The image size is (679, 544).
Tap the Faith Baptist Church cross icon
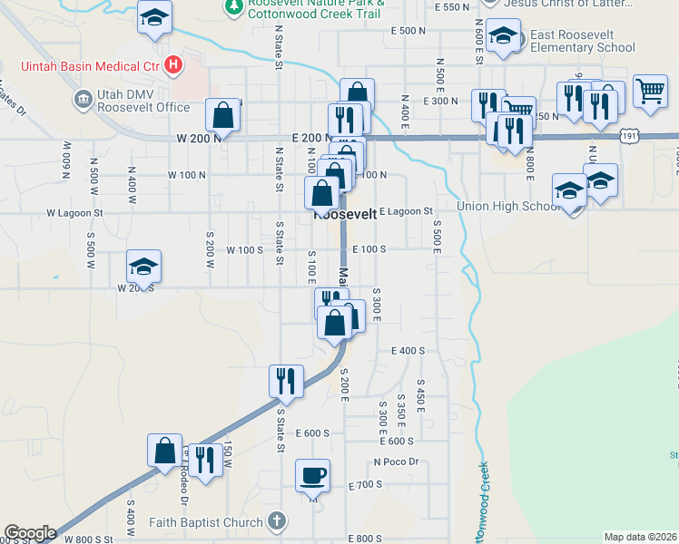pyautogui.click(x=278, y=521)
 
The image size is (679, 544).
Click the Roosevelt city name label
pyautogui.click(x=345, y=216)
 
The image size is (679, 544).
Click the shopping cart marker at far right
pyautogui.click(x=650, y=92)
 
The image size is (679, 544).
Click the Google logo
pyautogui.click(x=29, y=533)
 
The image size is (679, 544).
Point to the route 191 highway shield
pyautogui.click(x=629, y=135)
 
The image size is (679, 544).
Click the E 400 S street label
pyautogui.click(x=408, y=350)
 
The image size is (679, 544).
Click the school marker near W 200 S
pyautogui.click(x=143, y=267)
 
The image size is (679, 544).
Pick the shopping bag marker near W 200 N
pyautogui.click(x=223, y=115)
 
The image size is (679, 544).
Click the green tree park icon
pyautogui.click(x=233, y=6)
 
